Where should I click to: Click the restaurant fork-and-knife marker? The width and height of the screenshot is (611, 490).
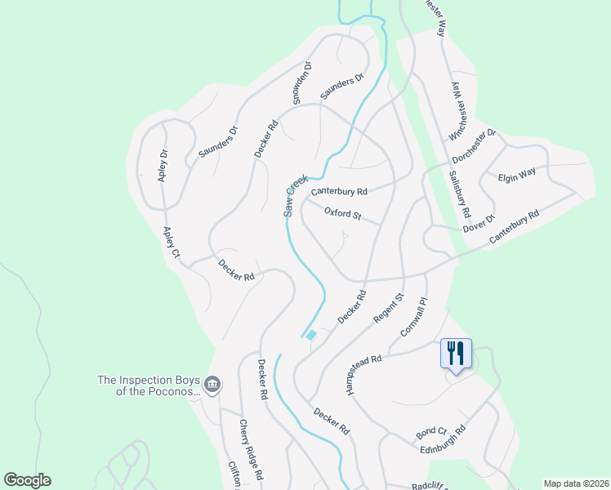coord(456,354)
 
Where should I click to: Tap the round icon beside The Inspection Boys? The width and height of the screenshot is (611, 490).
coord(212,384)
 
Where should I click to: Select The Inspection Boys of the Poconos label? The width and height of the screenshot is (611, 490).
coord(148,385)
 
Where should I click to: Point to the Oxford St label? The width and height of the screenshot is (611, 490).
coord(342,214)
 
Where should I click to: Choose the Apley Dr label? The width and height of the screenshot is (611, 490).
coord(163,165)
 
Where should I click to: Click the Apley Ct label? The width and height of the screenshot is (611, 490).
coord(171,243)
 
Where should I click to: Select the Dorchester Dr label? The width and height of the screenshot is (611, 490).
coord(475,146)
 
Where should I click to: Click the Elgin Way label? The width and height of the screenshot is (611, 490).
coord(517,175)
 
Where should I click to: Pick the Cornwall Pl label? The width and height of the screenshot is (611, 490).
coord(414,318)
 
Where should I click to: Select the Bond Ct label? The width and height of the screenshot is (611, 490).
coord(431,430)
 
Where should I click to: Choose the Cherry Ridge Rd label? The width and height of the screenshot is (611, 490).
coord(250,449)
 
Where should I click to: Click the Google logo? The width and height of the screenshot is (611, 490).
coord(27,480)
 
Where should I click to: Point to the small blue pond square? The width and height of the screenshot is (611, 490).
coord(311,334)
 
